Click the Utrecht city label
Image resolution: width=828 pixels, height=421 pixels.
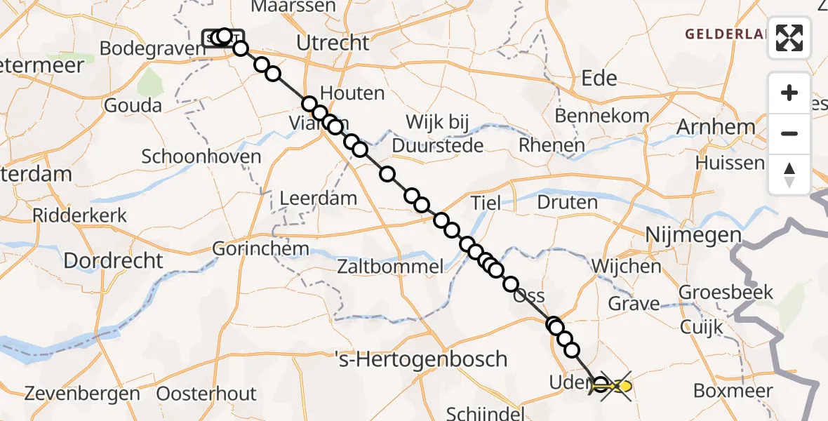coord(333,43)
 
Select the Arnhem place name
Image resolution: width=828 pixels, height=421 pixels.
coord(716,128)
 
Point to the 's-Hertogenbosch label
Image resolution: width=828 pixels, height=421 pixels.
coord(428,359)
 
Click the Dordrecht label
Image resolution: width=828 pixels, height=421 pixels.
coord(113,261)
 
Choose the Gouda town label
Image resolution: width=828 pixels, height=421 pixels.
coord(132,106)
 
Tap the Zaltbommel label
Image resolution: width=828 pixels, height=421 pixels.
coord(390,267)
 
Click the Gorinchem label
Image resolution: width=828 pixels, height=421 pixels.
coord(260,248)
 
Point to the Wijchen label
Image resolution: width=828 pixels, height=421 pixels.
coord(626,267)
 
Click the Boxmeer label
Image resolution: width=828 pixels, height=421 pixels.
coord(733,391)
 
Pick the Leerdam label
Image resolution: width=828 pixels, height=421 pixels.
coord(318,199)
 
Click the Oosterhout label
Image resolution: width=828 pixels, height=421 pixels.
coord(207,394)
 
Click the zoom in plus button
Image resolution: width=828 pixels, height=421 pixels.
coord(789,93)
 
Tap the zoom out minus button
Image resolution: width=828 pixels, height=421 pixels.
coord(789,133)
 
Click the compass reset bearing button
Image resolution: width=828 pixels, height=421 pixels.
coord(789,174)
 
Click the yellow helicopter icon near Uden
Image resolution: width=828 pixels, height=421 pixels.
coord(622,386)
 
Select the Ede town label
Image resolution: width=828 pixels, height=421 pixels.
coord(599,78)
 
